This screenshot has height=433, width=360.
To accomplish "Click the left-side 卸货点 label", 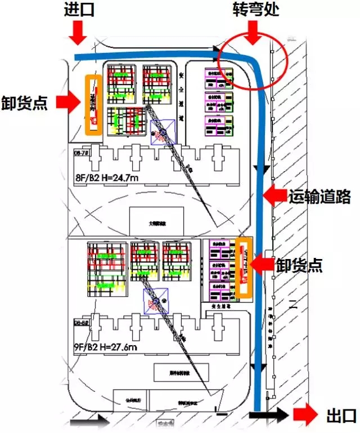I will (25, 103).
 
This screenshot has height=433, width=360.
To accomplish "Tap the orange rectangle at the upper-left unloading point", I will (93, 105).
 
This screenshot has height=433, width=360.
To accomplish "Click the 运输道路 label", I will (320, 197).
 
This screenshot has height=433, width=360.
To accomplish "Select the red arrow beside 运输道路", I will (276, 196).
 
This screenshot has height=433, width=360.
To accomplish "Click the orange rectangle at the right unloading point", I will (243, 268).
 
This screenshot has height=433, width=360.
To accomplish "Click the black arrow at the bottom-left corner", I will (93, 418).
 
